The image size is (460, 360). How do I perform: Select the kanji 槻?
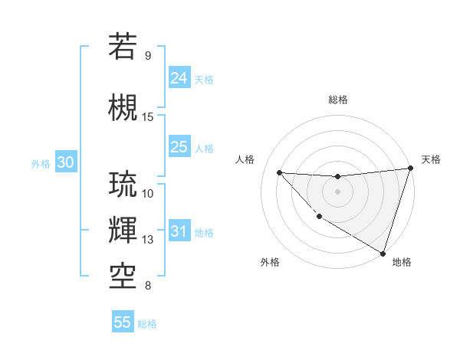point(123,106)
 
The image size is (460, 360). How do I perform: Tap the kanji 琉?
point(123,185)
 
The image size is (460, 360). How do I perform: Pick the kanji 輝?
point(123,230)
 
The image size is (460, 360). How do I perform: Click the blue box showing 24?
point(179,77)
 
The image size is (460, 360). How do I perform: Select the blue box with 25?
point(179,147)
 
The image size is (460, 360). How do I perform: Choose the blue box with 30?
point(65,162)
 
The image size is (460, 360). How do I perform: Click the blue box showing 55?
point(123,322)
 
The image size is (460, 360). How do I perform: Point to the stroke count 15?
point(148,117)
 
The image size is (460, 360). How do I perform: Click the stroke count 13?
point(148,240)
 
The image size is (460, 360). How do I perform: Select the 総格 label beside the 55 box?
point(147,324)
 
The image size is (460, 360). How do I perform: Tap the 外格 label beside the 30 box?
point(41,163)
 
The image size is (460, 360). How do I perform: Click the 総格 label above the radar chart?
point(338,100)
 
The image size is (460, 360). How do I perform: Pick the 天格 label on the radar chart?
point(431,159)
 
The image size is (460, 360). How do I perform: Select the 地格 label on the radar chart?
point(402,262)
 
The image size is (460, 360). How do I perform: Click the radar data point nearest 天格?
point(410,168)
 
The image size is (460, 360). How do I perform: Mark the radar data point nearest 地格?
point(383,253)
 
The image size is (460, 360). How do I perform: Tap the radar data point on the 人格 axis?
point(280,172)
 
